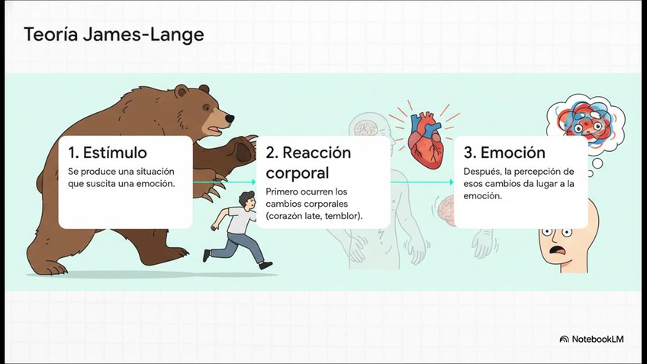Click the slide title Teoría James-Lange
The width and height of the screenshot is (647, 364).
click(114, 34)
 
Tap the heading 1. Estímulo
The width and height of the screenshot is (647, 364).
click(108, 153)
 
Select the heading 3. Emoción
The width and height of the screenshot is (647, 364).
click(504, 153)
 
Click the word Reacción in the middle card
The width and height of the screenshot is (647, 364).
click(317, 153)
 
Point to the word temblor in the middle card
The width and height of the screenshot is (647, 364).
click(342, 216)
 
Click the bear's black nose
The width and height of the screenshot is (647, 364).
click(230, 119)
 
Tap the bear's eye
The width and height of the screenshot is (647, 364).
click(206, 108)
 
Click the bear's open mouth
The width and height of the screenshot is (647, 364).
click(215, 130)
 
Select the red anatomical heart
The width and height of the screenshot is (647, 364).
click(426, 140)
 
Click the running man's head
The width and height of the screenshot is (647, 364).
click(247, 200)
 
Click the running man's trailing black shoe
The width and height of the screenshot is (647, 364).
click(207, 255)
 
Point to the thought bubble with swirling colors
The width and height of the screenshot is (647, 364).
click(585, 121)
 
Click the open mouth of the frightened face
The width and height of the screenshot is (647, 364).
click(558, 250)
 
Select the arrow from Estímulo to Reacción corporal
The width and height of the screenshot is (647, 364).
click(224, 182)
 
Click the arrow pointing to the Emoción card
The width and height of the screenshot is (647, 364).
click(422, 182)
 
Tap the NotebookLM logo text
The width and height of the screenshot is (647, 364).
click(597, 340)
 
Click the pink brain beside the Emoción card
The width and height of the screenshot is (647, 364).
click(446, 211)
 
